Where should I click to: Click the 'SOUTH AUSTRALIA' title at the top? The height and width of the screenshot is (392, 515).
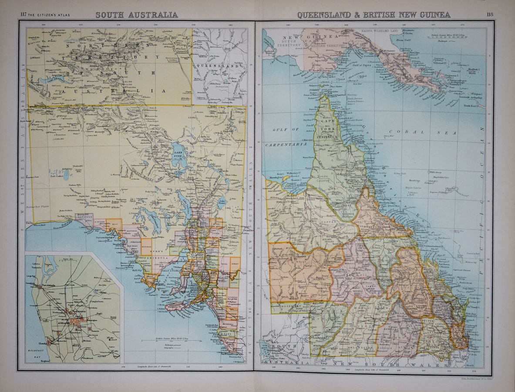(136, 15)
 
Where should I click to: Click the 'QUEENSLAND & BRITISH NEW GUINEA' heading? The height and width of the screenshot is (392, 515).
(374, 15)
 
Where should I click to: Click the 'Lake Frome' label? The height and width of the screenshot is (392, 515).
(222, 201)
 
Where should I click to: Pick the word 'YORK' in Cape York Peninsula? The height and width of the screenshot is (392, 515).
(328, 130)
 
